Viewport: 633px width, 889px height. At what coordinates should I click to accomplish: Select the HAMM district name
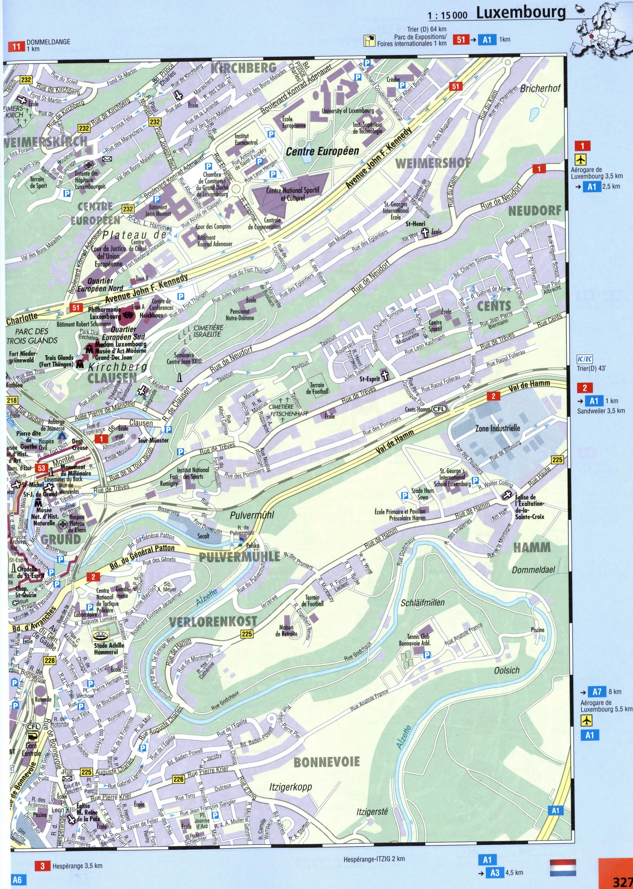[x=532, y=548]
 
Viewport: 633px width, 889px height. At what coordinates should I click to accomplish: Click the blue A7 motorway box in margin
[x=597, y=692]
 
